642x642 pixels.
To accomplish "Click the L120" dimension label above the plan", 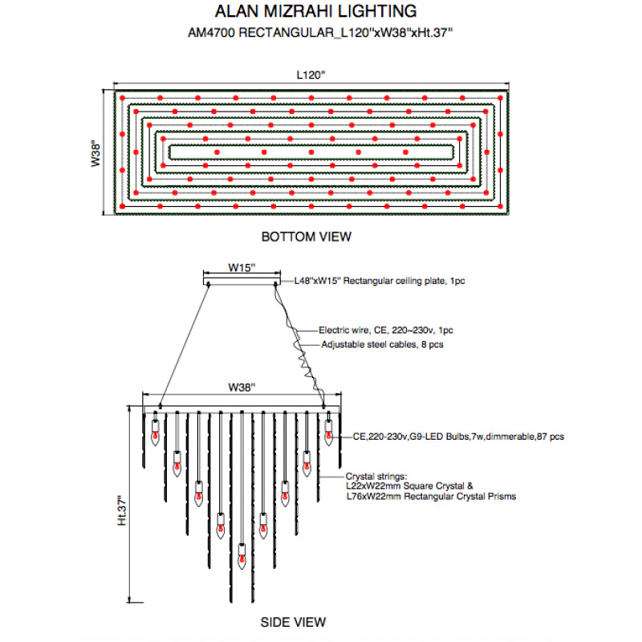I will pyautogui.click(x=311, y=75).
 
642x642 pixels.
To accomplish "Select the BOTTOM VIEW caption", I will pyautogui.click(x=306, y=237).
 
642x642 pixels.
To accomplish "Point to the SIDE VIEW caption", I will pyautogui.click(x=293, y=622).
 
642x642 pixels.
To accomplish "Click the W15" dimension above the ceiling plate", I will pyautogui.click(x=242, y=267).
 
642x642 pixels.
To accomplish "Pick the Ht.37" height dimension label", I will pyautogui.click(x=122, y=510).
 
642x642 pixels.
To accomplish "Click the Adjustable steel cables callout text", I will pyautogui.click(x=383, y=343).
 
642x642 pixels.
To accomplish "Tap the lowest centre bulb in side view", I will pyautogui.click(x=241, y=552).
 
